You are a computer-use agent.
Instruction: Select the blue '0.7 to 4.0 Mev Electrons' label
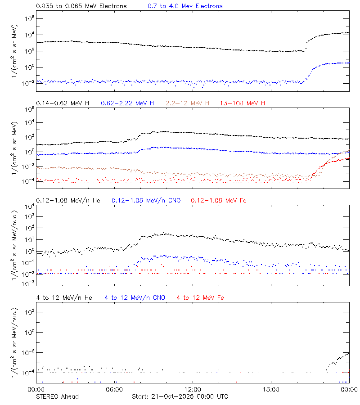pyautogui.click(x=185, y=6)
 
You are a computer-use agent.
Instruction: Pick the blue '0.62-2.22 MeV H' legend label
pyautogui.click(x=127, y=103)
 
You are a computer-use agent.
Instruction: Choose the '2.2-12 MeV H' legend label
pyautogui.click(x=188, y=103)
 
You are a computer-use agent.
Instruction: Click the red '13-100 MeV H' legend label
pyautogui.click(x=243, y=103)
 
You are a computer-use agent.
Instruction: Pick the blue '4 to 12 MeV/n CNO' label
pyautogui.click(x=135, y=297)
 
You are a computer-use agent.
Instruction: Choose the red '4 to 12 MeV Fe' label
pyautogui.click(x=200, y=297)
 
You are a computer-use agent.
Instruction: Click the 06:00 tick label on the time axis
pyautogui.click(x=114, y=389)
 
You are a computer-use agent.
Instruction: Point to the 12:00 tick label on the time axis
pyautogui.click(x=193, y=389)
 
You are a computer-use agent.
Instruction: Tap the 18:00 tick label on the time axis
pyautogui.click(x=271, y=389)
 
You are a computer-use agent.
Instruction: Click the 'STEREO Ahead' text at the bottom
pyautogui.click(x=57, y=396)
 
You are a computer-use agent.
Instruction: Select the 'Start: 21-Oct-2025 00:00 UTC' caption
pyautogui.click(x=180, y=396)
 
